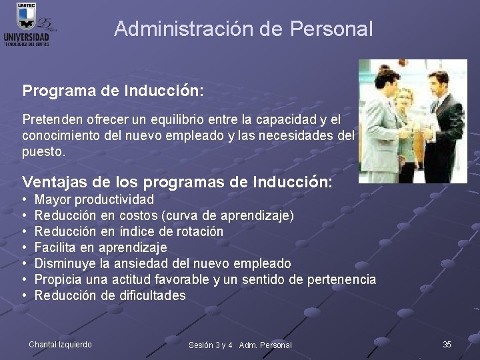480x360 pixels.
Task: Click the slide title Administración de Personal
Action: [x=243, y=29]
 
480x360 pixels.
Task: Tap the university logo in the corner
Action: [x=28, y=25]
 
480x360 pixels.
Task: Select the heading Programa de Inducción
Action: [x=113, y=91]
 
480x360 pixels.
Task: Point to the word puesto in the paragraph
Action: [x=43, y=151]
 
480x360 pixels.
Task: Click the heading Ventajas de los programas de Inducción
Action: [x=177, y=182]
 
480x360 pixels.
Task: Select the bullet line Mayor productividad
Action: [x=94, y=199]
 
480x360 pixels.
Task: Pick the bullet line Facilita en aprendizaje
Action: [x=101, y=247]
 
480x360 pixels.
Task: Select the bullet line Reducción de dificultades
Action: [x=110, y=295]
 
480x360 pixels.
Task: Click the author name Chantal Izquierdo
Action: [x=60, y=344]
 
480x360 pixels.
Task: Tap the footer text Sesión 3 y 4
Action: [x=210, y=345]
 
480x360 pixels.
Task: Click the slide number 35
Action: [x=447, y=344]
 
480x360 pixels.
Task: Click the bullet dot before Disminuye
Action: [x=24, y=263]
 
